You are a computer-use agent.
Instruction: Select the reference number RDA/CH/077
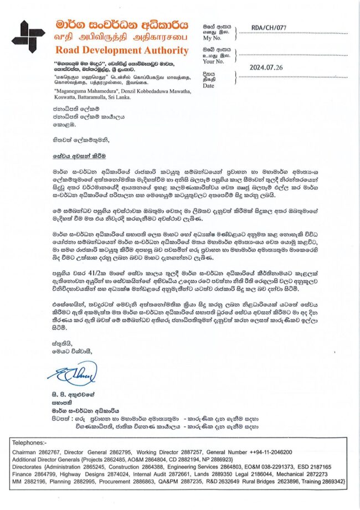tap(268, 27)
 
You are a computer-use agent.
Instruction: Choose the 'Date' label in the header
tap(208, 86)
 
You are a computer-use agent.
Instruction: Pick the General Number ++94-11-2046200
tap(268, 452)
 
